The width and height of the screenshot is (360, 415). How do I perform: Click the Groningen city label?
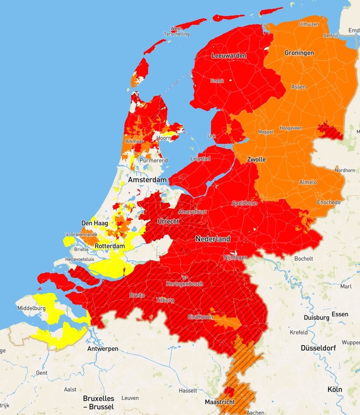[299, 53]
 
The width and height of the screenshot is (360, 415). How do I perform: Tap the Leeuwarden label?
[229, 56]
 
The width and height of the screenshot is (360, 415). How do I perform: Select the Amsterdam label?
[147, 180]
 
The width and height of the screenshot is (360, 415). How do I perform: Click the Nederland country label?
[213, 239]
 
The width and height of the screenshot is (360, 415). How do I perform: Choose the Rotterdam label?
[109, 246]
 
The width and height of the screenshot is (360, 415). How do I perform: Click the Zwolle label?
[256, 159]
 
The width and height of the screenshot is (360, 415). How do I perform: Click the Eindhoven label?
[201, 317]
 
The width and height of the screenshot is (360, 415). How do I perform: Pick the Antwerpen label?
[102, 349]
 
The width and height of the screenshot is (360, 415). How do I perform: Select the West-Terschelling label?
[176, 31]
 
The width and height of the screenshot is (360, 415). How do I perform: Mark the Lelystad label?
[200, 159]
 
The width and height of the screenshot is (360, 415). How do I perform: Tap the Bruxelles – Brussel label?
[99, 402]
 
